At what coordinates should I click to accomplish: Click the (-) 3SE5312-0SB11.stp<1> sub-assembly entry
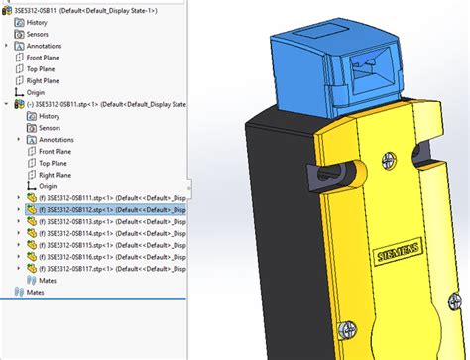pos(79,103)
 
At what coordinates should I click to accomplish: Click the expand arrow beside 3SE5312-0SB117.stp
pos(20,268)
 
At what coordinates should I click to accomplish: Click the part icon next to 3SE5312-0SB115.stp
pos(31,245)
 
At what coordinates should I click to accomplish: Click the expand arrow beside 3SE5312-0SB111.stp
pos(20,198)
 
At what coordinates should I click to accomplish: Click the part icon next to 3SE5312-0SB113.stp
pos(31,222)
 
